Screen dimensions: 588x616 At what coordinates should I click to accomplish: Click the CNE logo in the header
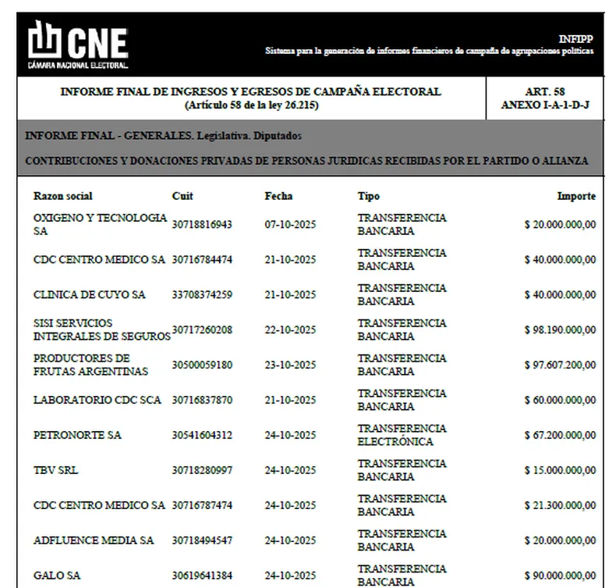click(x=78, y=43)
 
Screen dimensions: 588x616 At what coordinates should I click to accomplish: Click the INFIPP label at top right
click(x=576, y=39)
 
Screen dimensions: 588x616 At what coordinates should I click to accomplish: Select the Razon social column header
click(x=62, y=196)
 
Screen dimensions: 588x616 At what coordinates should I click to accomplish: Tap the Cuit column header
click(x=182, y=196)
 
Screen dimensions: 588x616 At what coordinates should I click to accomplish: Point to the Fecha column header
click(x=278, y=196)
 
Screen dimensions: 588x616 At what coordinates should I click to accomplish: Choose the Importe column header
click(x=576, y=196)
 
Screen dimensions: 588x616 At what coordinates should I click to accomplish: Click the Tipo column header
click(x=369, y=196)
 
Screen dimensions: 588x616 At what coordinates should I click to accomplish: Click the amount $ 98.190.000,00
click(x=560, y=330)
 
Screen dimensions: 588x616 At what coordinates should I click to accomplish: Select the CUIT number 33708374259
click(x=202, y=295)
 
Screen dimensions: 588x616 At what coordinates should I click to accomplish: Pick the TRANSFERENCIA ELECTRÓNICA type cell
click(x=402, y=435)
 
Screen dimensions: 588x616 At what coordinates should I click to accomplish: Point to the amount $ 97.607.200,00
click(x=560, y=365)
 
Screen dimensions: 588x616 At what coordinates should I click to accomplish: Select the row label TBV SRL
click(x=55, y=470)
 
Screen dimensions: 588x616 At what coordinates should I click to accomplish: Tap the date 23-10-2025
click(x=290, y=365)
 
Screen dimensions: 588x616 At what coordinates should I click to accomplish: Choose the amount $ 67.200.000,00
click(x=560, y=435)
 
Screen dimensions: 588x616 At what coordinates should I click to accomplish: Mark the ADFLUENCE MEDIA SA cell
click(x=94, y=540)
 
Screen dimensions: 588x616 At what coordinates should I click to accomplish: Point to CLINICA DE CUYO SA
click(x=89, y=295)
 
